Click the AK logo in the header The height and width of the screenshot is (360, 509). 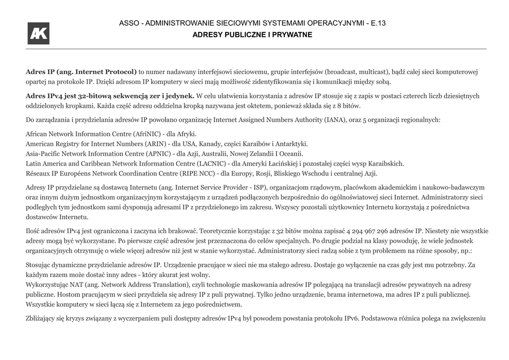(38, 33)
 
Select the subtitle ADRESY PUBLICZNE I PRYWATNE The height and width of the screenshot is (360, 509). (252, 35)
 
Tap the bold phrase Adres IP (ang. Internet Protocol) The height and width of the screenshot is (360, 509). (81, 72)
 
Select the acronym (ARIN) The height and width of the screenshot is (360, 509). (156, 144)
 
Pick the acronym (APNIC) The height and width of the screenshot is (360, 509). (157, 154)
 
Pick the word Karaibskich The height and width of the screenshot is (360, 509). (386, 164)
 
